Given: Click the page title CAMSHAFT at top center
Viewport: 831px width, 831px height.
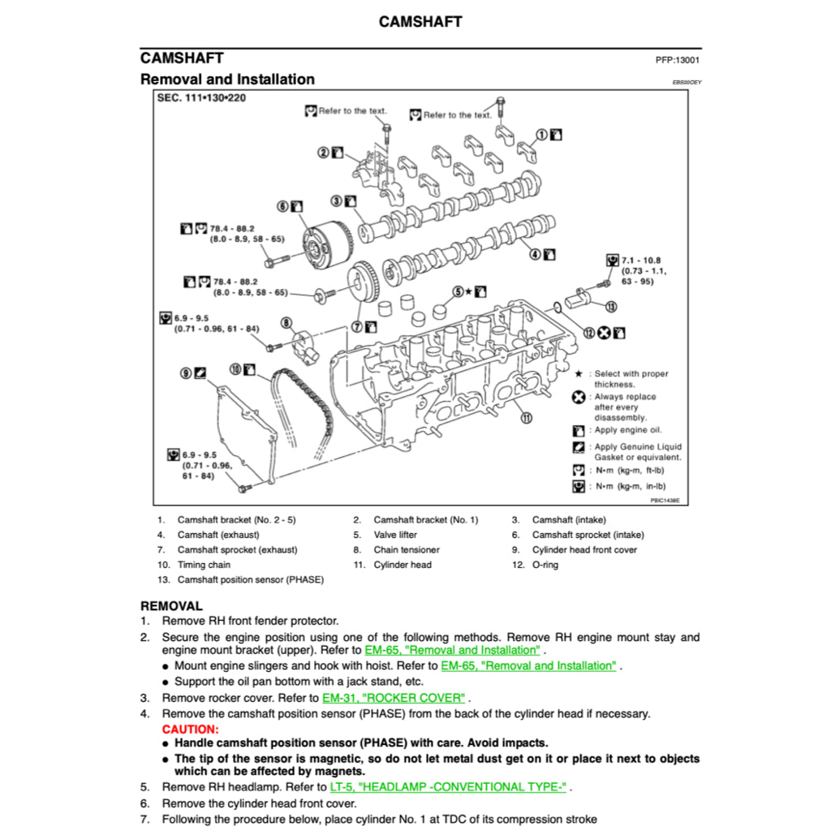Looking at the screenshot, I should (x=420, y=22).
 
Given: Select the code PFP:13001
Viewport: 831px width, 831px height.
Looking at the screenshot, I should (x=678, y=60).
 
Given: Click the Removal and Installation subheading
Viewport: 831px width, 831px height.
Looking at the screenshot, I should (x=227, y=80).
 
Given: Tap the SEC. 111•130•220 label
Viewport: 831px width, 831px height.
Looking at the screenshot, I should (x=202, y=98).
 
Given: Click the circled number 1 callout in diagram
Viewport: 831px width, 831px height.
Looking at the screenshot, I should (x=540, y=134).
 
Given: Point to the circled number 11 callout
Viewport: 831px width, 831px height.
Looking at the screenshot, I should (x=526, y=419).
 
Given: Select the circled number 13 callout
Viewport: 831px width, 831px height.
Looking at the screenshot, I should (x=609, y=306).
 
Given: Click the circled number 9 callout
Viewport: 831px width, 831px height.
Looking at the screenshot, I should (x=186, y=372).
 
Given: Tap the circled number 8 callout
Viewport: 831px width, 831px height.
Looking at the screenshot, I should (x=286, y=323).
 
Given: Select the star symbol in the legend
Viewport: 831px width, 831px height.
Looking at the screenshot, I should (x=579, y=374).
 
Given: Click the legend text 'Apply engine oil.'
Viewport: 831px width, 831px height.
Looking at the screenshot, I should (x=627, y=430).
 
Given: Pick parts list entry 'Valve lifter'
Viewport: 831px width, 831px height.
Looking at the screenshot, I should (x=395, y=535).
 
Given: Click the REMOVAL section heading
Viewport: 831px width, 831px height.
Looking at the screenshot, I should (x=171, y=605).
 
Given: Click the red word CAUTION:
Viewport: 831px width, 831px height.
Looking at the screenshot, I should (x=190, y=730).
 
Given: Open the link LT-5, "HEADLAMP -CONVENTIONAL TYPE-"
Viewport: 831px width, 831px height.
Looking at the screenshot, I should (x=449, y=786).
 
